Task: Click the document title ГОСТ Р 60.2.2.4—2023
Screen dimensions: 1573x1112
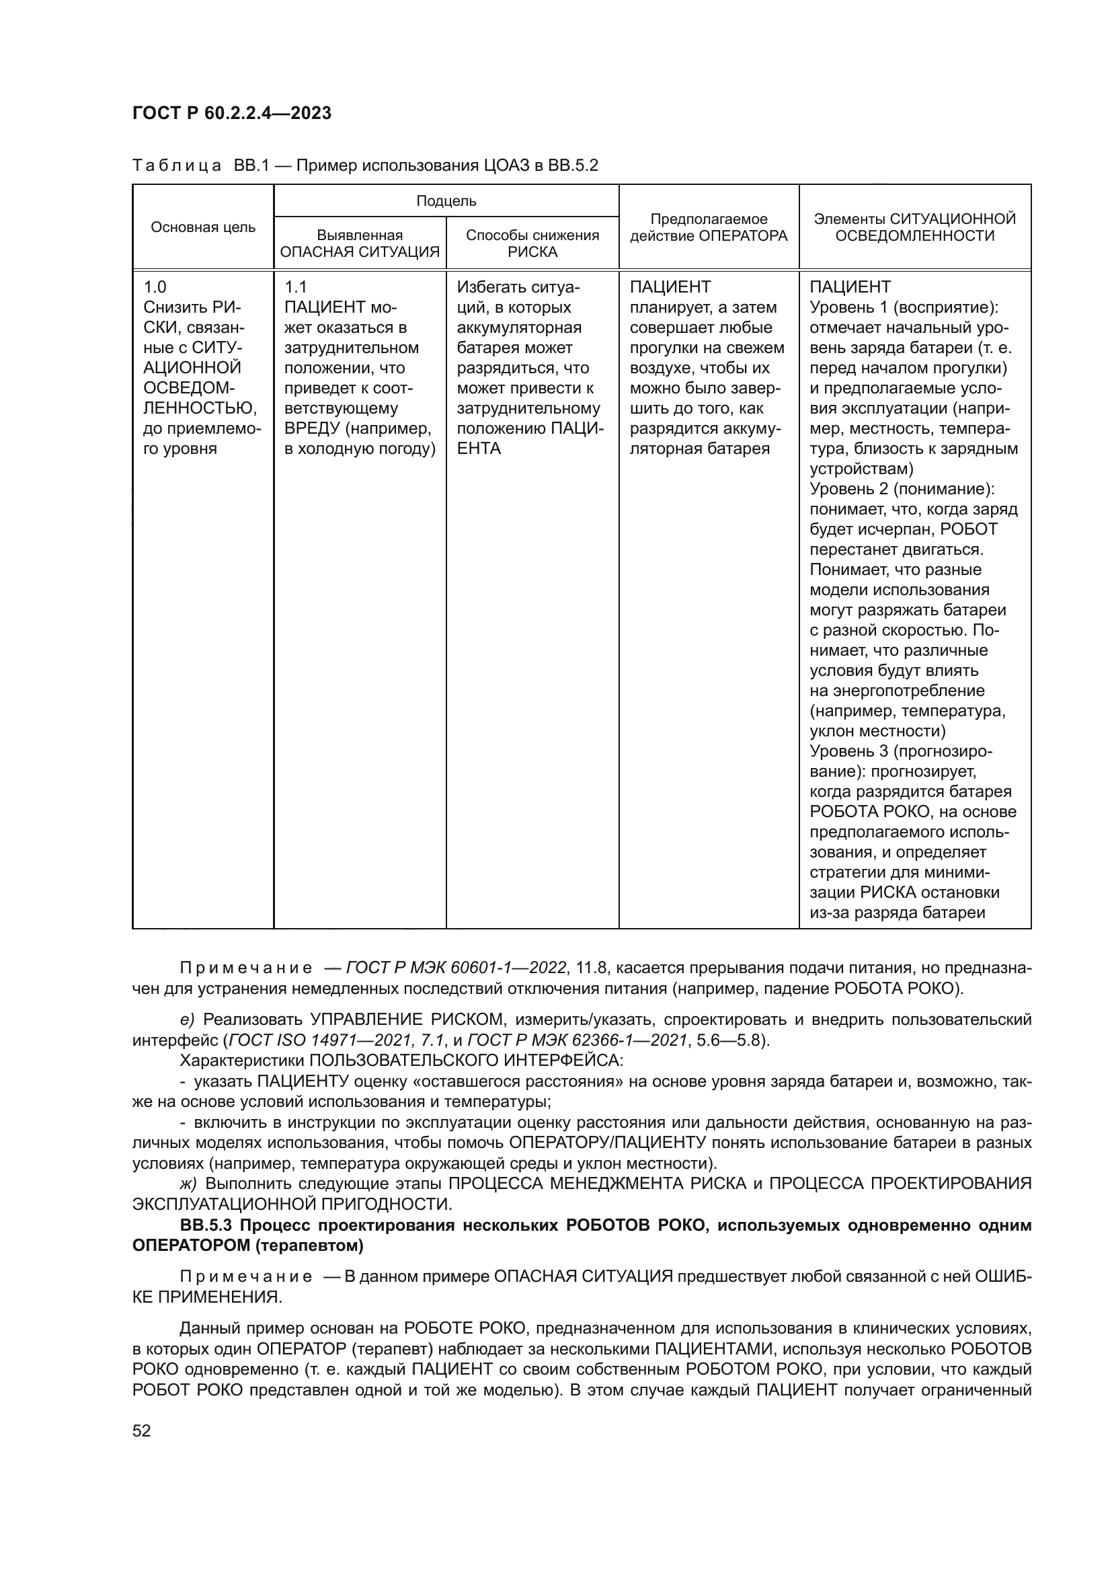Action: tap(231, 113)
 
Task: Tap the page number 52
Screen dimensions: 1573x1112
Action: tap(142, 1430)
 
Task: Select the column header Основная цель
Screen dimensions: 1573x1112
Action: tap(202, 227)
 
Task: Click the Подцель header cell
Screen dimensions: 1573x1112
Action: tap(446, 200)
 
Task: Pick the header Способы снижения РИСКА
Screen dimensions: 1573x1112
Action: tap(532, 243)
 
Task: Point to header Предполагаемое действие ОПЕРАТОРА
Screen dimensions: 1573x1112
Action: tap(708, 227)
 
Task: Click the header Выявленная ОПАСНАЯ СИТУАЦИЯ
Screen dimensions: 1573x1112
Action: tap(360, 243)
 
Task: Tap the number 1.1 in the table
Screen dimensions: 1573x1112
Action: tap(295, 287)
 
